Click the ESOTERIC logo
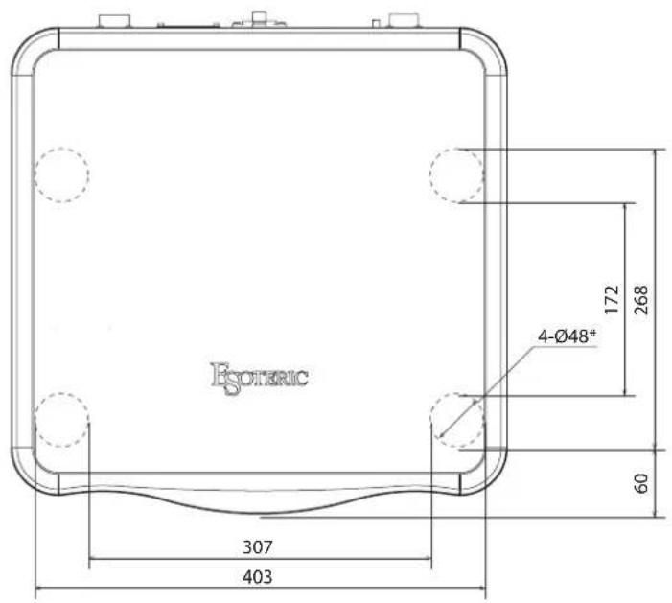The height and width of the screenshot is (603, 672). (259, 378)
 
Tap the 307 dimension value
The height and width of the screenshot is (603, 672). (257, 547)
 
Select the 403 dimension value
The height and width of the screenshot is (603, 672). (257, 577)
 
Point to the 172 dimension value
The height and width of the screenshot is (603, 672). (612, 299)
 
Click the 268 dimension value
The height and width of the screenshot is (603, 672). (640, 299)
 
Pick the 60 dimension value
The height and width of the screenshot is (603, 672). (640, 483)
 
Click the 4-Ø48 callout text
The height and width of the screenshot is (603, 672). (567, 336)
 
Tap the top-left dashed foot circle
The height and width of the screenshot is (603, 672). (61, 148)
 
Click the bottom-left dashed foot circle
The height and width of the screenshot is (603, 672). (61, 393)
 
